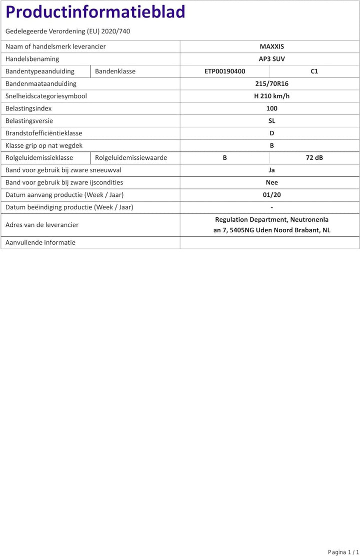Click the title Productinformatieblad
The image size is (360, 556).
coord(95,12)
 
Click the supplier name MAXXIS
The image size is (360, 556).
coord(271,46)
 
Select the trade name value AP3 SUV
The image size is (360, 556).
coord(271,59)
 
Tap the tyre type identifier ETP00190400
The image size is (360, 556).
coord(224,71)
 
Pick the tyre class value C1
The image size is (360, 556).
coord(314,71)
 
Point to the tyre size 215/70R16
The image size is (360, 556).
coord(271,84)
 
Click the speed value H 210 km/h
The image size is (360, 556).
coord(271,96)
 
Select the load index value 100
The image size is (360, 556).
coord(271,108)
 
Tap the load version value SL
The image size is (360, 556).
coord(271,121)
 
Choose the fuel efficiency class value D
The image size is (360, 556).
coord(271,133)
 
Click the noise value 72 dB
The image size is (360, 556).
coord(314,158)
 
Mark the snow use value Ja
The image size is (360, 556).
coord(271,170)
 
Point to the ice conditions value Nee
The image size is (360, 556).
coord(271,183)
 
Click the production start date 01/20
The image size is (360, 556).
coord(271,195)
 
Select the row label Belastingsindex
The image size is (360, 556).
coord(28,108)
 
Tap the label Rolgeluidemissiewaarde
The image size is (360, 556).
coord(131,158)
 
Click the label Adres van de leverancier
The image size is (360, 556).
coord(42,225)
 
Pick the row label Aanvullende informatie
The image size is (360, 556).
coord(40,242)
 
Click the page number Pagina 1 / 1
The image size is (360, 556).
coord(343,552)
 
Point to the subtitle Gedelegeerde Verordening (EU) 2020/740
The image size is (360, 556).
coord(68,31)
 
